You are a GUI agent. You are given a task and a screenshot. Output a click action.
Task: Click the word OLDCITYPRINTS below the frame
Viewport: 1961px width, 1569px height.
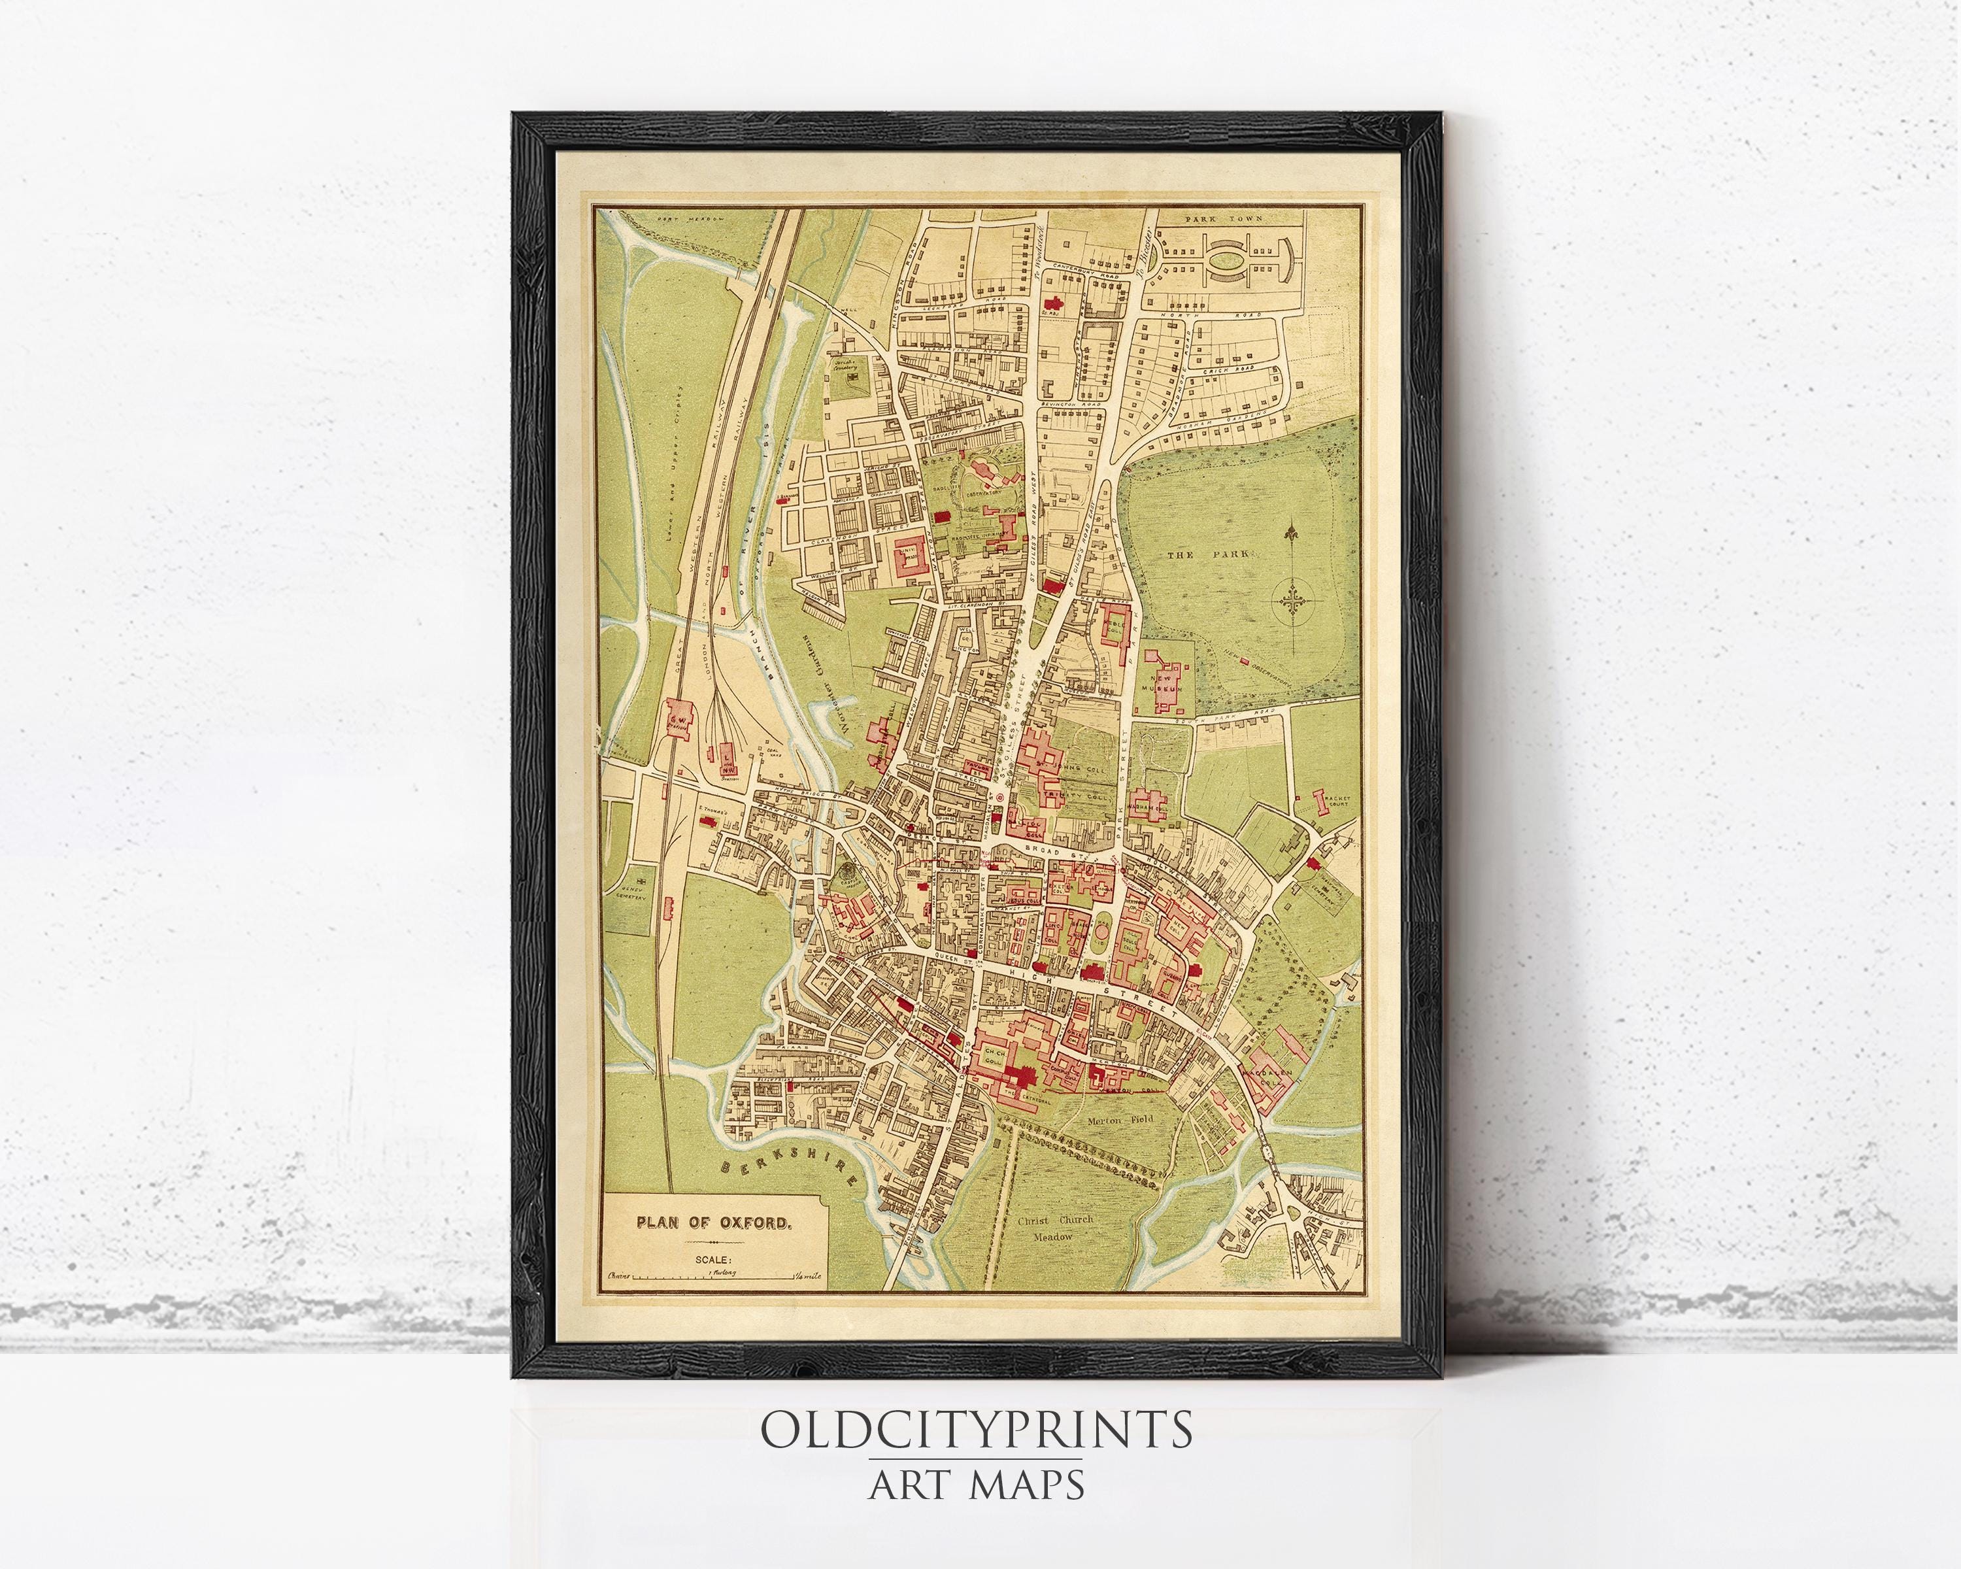click(976, 1429)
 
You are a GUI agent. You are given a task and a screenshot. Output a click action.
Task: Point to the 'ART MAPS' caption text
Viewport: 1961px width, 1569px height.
click(976, 1485)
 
